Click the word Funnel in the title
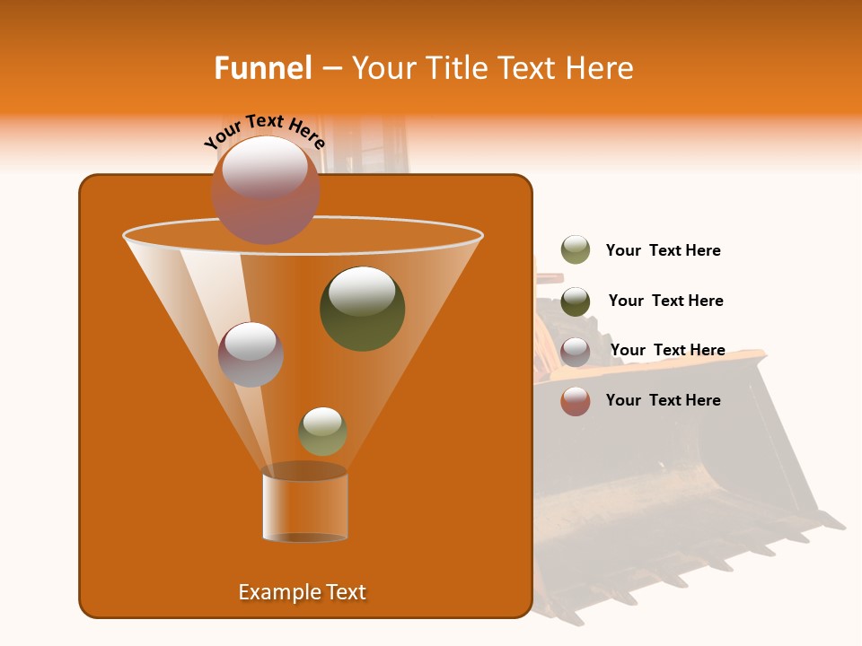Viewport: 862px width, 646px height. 262,68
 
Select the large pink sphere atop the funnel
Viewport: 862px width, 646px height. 265,189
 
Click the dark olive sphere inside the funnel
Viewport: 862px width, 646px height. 362,308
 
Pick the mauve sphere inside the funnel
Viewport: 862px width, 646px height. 251,354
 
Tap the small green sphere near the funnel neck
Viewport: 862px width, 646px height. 322,431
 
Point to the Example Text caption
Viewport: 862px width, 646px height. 302,592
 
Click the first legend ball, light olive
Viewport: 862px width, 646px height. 576,249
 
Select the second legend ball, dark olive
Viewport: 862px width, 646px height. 576,301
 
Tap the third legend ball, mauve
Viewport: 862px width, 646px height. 576,352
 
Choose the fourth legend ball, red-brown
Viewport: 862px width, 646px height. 576,401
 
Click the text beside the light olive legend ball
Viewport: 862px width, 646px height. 663,251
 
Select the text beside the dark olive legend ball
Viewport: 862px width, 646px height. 665,301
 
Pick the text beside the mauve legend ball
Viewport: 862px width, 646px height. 667,351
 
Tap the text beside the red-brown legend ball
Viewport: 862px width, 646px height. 663,400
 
